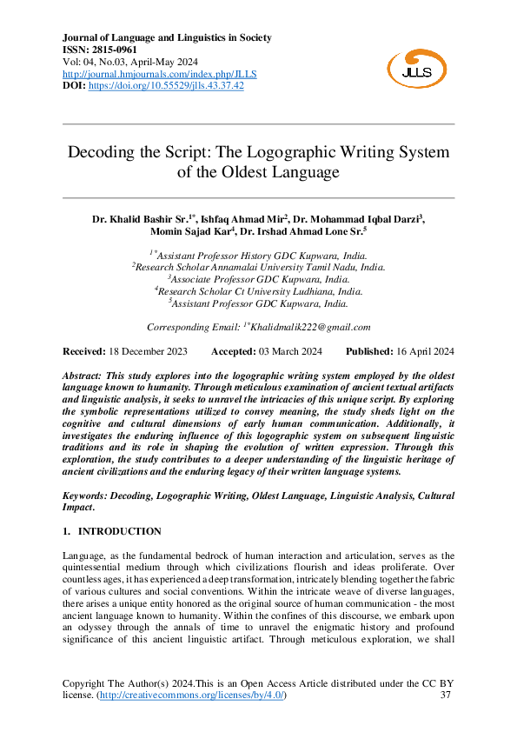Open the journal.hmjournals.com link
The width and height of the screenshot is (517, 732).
point(160,74)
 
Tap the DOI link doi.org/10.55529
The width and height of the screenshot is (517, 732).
point(164,86)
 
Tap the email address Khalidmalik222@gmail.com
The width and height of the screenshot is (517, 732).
point(310,327)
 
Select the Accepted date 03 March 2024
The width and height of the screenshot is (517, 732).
point(290,351)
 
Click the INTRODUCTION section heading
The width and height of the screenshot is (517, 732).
point(119,530)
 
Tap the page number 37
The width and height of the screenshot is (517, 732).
point(446,695)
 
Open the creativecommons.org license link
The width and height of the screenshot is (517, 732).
point(191,695)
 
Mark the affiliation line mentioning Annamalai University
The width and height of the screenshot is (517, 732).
point(259,268)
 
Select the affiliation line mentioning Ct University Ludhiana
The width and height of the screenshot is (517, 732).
point(259,292)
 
